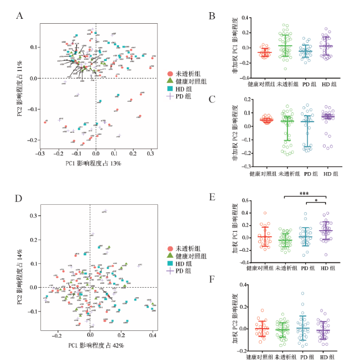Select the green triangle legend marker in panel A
[171, 81]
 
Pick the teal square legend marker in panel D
[171, 263]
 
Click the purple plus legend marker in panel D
[171, 271]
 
